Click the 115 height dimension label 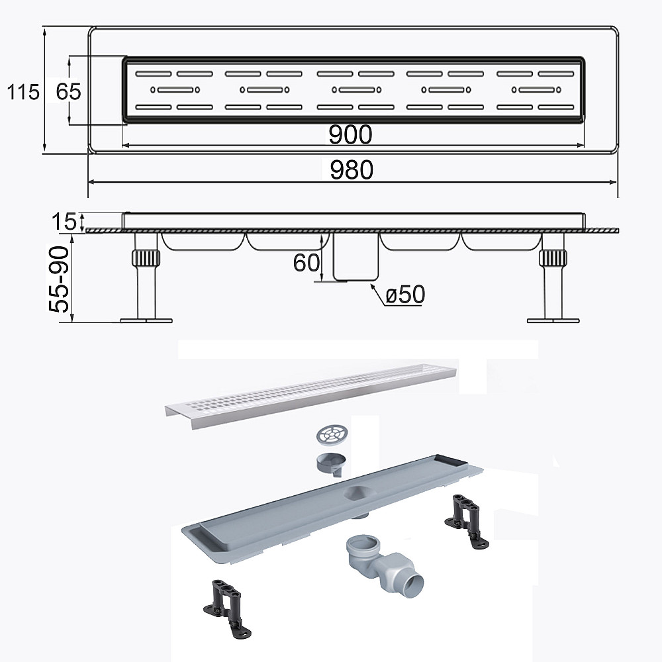pos(23,91)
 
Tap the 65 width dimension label pos(68,91)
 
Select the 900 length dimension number pos(350,134)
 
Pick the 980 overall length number pos(352,169)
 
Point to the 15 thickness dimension pos(64,222)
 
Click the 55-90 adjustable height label pos(59,279)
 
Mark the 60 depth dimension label pos(307,263)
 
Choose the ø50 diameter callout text pos(405,295)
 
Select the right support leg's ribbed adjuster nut pos(553,258)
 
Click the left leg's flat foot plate pos(146,320)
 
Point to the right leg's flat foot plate pos(553,320)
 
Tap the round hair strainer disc pos(331,435)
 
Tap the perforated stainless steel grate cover pos(310,395)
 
